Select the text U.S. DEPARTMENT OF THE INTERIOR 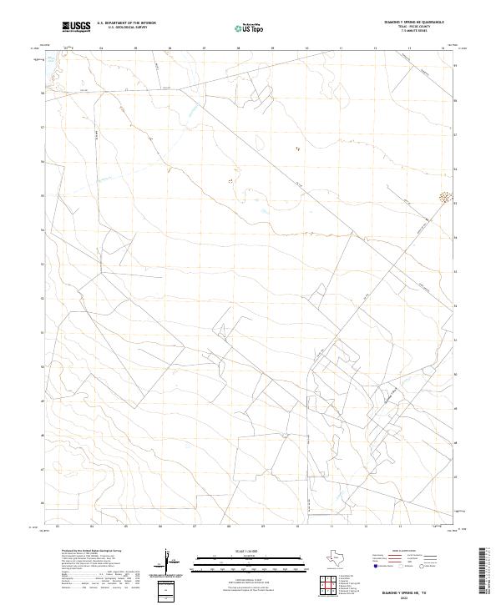(x=126, y=24)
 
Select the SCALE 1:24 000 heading (x=238, y=550)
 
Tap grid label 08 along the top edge (x=239, y=48)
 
